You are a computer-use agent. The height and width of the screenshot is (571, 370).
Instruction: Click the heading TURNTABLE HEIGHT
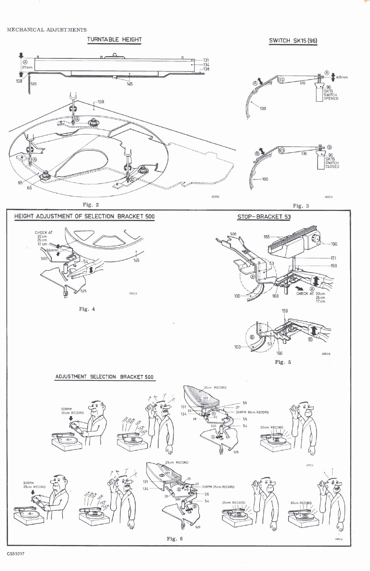pos(114,39)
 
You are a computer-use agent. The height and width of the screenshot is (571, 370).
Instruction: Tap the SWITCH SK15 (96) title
pos(293,41)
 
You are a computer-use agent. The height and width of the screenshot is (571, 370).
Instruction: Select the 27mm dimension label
pos(27,68)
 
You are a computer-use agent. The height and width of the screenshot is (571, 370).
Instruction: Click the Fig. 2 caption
pos(91,204)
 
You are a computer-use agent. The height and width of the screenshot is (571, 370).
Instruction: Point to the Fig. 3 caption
pos(301,205)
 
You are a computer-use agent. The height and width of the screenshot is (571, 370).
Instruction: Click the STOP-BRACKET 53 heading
pos(264,216)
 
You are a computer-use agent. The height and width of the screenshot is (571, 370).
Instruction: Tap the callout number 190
pos(334,244)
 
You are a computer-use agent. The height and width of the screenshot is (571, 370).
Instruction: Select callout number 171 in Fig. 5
pos(333,258)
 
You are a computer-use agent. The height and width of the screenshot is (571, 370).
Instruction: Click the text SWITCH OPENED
pos(331,97)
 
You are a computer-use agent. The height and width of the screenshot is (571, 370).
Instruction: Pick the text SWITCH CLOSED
pos(332,165)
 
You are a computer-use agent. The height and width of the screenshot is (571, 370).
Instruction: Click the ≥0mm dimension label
pos(342,77)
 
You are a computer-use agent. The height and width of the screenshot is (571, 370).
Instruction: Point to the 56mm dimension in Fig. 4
pos(52,250)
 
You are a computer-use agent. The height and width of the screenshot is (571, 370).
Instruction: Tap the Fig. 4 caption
pos(87,309)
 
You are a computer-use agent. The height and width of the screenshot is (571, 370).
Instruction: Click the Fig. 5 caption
pos(283,362)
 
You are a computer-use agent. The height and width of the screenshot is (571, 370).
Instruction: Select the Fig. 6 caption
pos(175,539)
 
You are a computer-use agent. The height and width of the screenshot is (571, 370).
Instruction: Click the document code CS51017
pos(15,554)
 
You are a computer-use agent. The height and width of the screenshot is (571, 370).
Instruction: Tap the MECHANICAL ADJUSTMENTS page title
pos(47,30)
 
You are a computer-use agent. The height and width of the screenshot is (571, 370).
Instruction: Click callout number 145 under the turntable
pos(129,84)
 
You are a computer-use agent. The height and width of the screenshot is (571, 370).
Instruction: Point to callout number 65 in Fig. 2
pos(20,183)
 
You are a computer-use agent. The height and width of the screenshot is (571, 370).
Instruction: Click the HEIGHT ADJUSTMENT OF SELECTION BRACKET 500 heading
pos(84,216)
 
